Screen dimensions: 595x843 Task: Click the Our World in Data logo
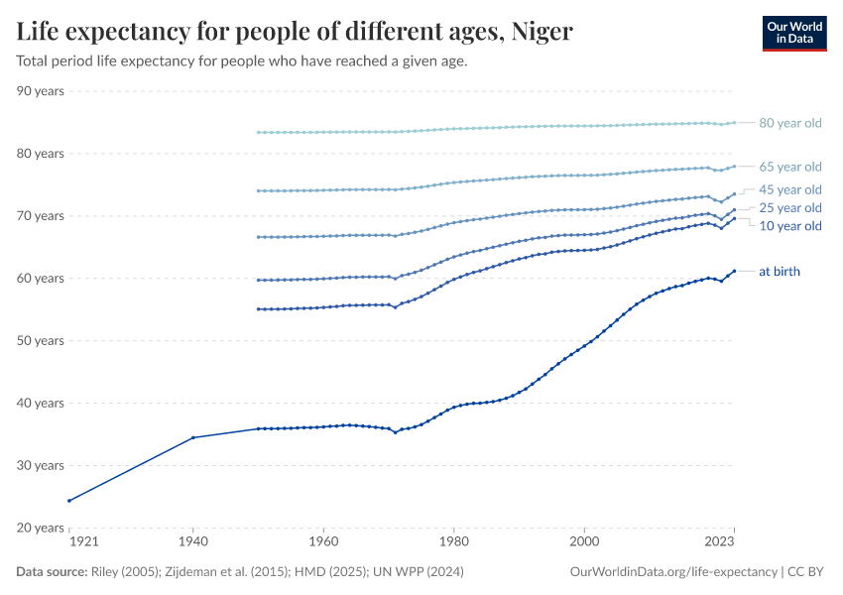point(793,33)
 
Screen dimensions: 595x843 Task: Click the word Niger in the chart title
point(542,32)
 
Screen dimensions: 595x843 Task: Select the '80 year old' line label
point(789,123)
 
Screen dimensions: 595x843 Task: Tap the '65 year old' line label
point(789,167)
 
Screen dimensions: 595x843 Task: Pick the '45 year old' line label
point(789,189)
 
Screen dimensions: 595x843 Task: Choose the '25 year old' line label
point(789,207)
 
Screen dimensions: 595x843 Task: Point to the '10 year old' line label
point(789,226)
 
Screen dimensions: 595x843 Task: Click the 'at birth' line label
point(779,271)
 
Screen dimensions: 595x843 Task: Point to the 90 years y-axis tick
point(41,91)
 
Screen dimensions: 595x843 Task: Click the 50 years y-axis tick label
point(41,340)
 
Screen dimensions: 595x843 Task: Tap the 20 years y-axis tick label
point(41,528)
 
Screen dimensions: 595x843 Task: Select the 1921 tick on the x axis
point(69,543)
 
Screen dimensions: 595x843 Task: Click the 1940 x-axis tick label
point(192,543)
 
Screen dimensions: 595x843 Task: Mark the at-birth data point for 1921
point(69,501)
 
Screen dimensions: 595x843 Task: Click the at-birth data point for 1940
point(192,437)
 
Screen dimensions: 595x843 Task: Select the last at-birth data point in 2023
point(734,271)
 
